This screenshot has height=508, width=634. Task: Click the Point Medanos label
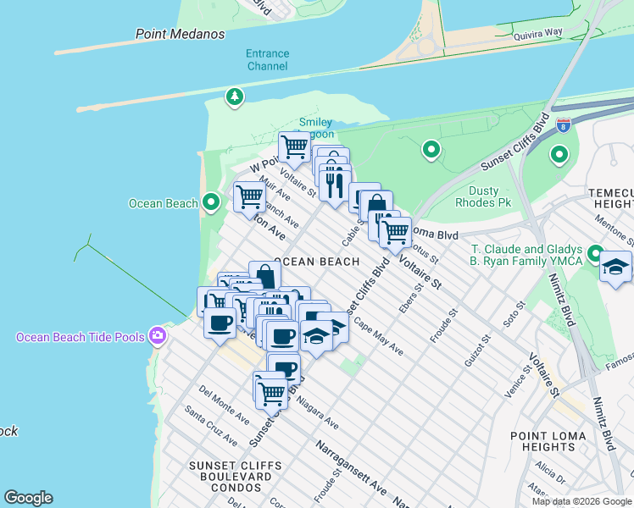coord(181,34)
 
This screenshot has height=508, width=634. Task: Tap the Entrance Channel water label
coord(267,59)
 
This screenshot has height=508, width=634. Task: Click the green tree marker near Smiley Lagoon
coord(234,97)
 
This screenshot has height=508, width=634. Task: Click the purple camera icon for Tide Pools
coord(156,337)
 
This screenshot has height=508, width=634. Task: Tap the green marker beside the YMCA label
coord(596,254)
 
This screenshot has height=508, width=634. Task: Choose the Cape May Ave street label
coord(379,336)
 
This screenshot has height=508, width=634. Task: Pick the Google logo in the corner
coord(28,498)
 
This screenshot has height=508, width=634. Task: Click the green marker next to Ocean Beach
coord(212,202)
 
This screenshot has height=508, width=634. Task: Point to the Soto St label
coord(515,316)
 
